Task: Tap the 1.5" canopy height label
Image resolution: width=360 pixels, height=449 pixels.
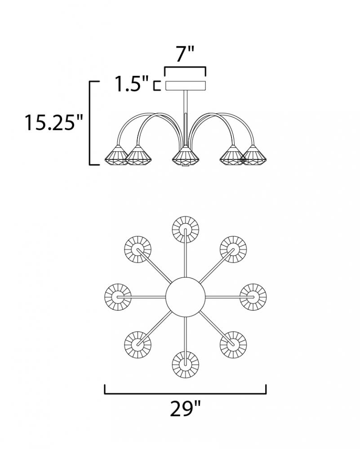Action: pyautogui.click(x=132, y=84)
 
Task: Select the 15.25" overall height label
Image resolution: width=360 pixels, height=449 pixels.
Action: pyautogui.click(x=53, y=122)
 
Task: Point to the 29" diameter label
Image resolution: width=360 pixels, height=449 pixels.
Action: pyautogui.click(x=186, y=409)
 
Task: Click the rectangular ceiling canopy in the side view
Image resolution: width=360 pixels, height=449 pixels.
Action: pyautogui.click(x=186, y=86)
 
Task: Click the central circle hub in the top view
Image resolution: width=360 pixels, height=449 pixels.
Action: pyautogui.click(x=186, y=297)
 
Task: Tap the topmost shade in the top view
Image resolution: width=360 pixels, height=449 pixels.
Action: pyautogui.click(x=186, y=229)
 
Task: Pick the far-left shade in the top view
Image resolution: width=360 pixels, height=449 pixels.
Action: pyautogui.click(x=118, y=297)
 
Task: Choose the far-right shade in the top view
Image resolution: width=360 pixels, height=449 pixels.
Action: pyautogui.click(x=253, y=297)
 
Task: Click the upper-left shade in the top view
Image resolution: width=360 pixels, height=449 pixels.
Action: pyautogui.click(x=138, y=249)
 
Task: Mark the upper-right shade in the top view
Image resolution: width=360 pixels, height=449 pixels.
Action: pyautogui.click(x=233, y=249)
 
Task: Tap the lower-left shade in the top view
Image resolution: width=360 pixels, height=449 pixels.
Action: pyautogui.click(x=138, y=344)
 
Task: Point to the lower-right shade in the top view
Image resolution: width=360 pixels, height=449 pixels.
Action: pyautogui.click(x=233, y=344)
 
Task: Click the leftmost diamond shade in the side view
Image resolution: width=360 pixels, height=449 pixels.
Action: pyautogui.click(x=116, y=155)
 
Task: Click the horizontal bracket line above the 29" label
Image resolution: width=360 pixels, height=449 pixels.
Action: pyautogui.click(x=186, y=394)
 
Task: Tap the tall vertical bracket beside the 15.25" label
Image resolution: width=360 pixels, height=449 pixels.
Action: pyautogui.click(x=90, y=123)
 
